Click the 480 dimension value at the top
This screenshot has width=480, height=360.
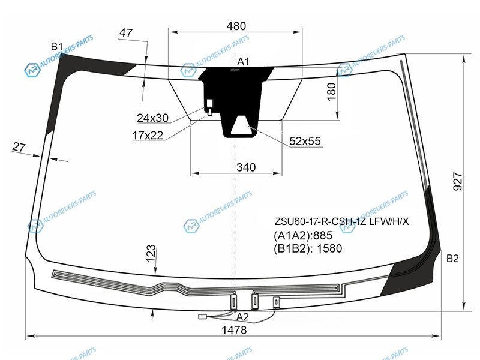coord(236,26)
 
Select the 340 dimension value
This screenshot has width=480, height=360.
coord(246,167)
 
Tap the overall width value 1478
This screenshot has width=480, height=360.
coord(234,330)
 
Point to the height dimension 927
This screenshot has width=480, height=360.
coord(458,181)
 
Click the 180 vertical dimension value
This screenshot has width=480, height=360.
coord(332,92)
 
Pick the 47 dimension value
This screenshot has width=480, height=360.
coord(126,33)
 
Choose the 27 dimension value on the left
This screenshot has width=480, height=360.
coord(19,147)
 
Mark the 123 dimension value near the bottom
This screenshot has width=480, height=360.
coord(151,254)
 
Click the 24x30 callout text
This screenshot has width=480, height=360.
coord(152,118)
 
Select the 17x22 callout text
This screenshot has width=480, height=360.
coord(148,136)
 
